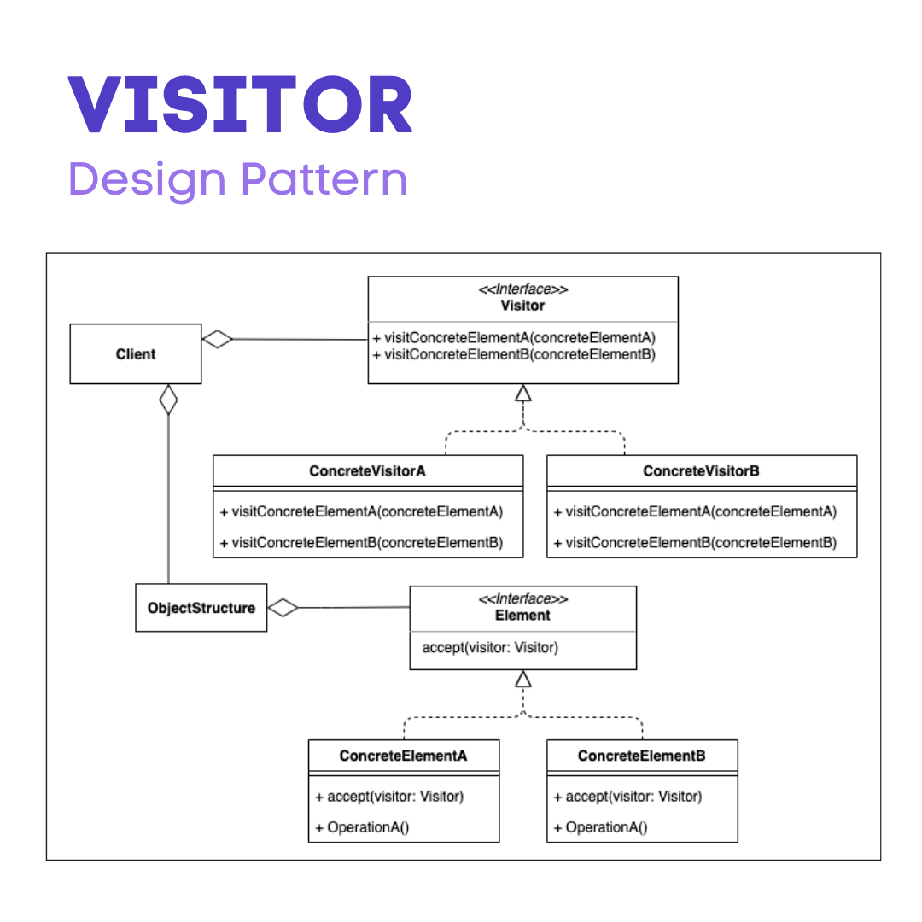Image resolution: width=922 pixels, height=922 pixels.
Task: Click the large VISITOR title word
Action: point(240,106)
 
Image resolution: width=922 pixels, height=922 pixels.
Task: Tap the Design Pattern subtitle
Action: point(237,179)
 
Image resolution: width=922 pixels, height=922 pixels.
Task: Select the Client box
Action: point(136,353)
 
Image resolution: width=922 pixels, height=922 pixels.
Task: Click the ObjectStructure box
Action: point(201,608)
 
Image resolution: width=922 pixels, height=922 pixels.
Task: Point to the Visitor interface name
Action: point(522,305)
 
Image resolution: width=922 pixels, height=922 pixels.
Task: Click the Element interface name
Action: point(522,615)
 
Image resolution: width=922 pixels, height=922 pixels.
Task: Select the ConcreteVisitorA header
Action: point(367,471)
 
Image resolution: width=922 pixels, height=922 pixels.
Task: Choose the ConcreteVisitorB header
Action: point(701,471)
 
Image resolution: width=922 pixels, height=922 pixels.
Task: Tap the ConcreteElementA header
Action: point(403,756)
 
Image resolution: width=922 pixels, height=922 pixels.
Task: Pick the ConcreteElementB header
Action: point(641,756)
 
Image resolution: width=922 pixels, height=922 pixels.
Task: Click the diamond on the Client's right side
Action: point(218,339)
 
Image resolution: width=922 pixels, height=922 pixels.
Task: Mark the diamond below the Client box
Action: point(169,400)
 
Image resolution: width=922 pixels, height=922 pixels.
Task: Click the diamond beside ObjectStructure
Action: point(283,608)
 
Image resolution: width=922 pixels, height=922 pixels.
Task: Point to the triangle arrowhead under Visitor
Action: point(523,394)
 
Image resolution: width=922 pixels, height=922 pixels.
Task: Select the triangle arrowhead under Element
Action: point(523,679)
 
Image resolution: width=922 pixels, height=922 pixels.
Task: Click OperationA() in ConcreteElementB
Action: point(600,827)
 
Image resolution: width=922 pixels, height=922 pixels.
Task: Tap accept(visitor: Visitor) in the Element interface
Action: point(490,647)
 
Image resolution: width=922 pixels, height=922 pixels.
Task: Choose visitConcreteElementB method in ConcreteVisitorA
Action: point(361,542)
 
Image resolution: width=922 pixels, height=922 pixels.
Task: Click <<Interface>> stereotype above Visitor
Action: point(522,289)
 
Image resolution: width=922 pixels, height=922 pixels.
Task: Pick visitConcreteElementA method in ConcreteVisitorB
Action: point(695,511)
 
